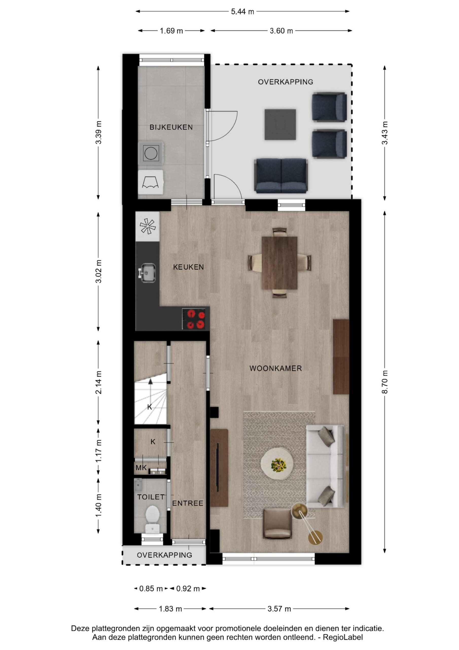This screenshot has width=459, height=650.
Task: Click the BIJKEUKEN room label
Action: [171, 127]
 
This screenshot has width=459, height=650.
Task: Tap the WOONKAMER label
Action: [276, 368]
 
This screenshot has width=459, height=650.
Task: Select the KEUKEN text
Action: [188, 267]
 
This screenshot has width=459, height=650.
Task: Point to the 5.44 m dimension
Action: [242, 12]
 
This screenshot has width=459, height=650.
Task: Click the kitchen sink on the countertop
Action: [147, 273]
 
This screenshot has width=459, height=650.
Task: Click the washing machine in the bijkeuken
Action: [151, 153]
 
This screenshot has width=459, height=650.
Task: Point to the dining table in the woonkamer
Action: [279, 263]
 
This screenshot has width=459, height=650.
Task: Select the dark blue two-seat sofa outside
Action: [281, 176]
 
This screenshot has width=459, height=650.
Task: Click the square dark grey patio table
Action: [280, 125]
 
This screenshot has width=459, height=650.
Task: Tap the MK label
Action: [141, 468]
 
